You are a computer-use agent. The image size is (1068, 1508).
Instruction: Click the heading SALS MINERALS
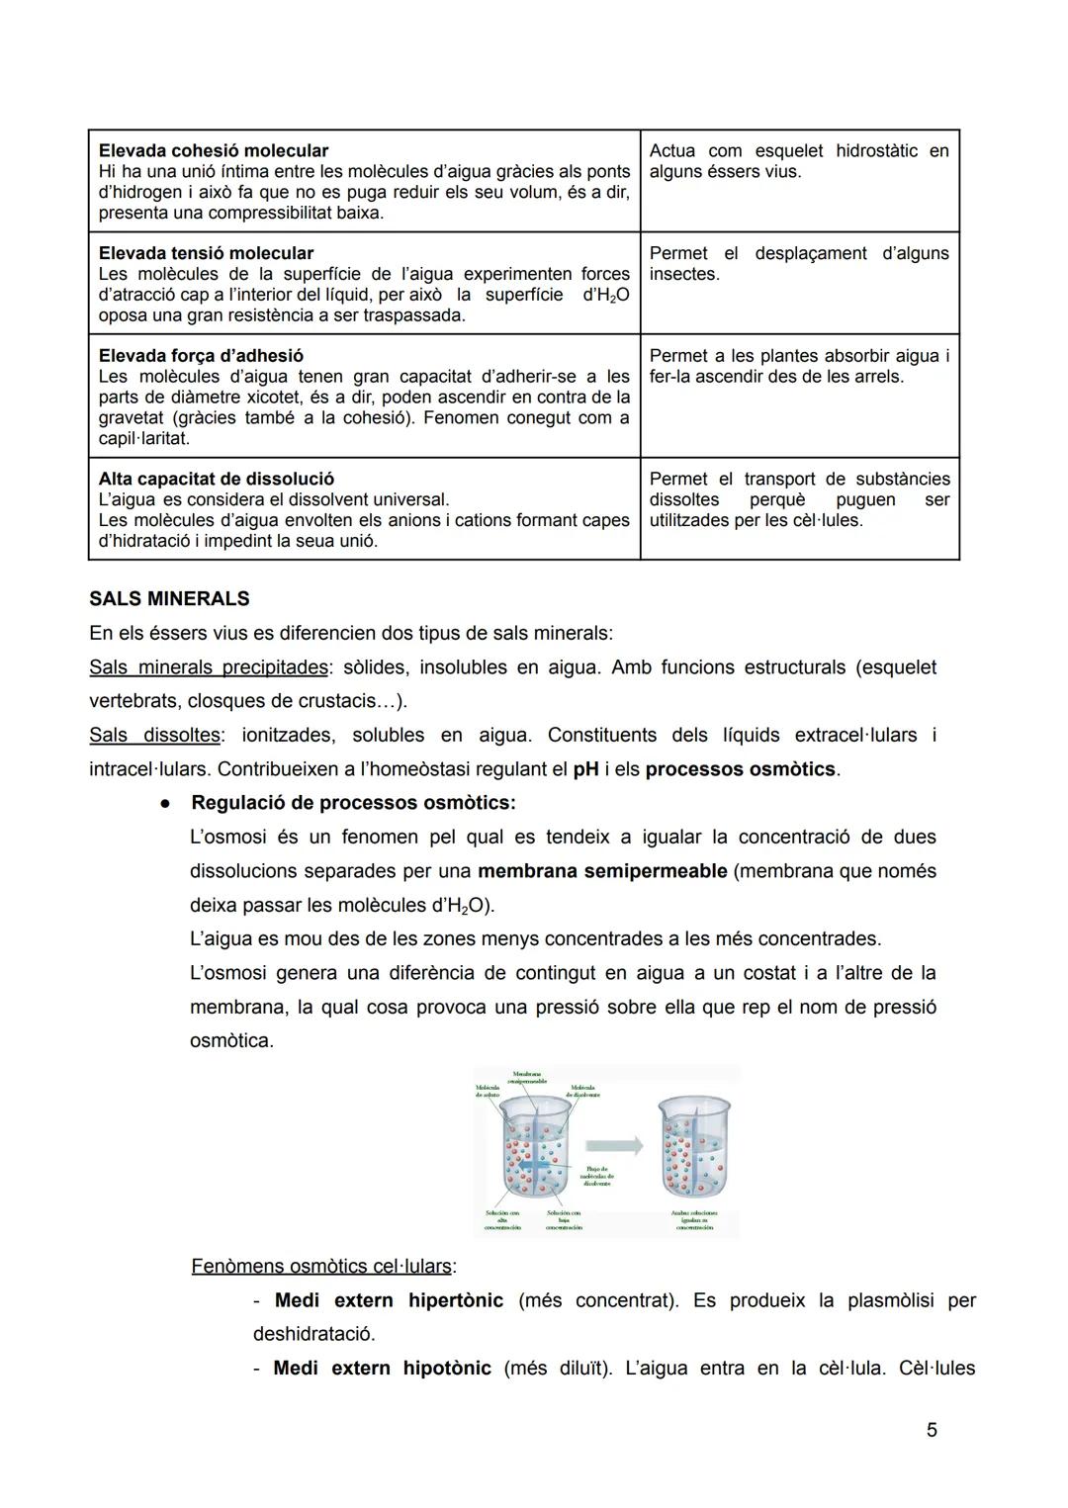169,599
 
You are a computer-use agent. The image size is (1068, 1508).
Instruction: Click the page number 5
932,1430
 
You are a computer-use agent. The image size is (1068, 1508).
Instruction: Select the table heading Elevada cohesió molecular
214,151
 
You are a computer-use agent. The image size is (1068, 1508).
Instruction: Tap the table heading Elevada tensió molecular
206,253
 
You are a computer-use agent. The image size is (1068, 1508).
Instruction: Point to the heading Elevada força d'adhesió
201,356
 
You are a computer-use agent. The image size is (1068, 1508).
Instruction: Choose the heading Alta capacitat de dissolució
216,479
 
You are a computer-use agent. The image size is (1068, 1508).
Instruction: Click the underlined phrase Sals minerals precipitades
208,667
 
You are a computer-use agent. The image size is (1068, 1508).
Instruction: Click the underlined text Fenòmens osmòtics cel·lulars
321,1267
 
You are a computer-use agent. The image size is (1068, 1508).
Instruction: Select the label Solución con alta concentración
502,1220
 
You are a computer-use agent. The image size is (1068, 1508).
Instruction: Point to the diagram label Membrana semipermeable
526,1078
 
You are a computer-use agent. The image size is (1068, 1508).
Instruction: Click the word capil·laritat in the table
143,438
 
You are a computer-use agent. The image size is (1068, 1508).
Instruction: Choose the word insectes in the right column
684,274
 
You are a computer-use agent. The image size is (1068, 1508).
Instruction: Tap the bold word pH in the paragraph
585,769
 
